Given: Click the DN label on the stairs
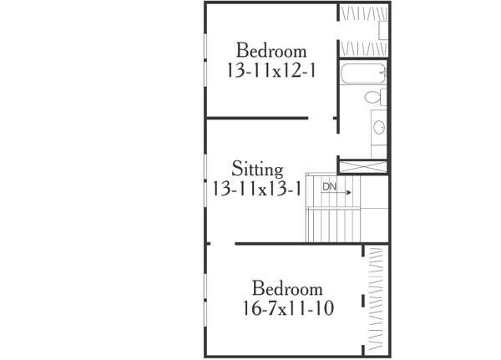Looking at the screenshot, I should tap(331, 186).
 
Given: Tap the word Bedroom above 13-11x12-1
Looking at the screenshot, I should tap(271, 51).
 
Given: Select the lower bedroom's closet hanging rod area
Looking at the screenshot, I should tap(377, 297).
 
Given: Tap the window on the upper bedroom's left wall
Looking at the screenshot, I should tap(205, 61).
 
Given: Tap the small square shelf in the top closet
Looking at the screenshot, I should tap(384, 30).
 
